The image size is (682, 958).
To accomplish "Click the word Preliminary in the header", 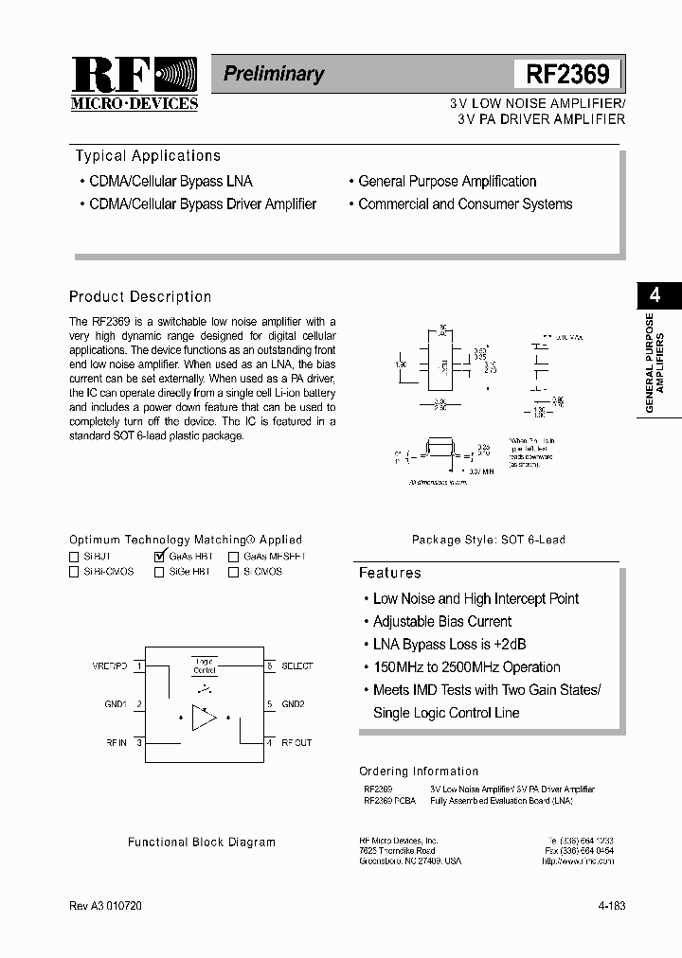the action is pos(273,74).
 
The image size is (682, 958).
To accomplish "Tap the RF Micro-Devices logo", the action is pos(134,83).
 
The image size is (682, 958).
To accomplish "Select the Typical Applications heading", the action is pos(148,156).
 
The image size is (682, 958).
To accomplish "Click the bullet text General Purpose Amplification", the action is pos(447,182).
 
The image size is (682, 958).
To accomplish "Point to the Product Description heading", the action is pos(140,297).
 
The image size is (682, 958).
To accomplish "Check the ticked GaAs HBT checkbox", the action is pos(158,557).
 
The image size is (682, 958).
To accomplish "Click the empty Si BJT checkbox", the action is pos(74,558).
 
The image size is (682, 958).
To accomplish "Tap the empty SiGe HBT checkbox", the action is pos(158,573).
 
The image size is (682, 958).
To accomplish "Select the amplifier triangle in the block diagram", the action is pos(204,717).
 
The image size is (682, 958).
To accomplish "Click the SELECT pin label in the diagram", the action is pos(296,666).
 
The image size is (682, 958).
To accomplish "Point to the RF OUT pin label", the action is pos(296,743).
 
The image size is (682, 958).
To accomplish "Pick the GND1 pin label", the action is pos(116,704).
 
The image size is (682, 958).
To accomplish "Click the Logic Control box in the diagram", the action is pos(204,665).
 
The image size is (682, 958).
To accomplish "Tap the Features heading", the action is pos(389,573).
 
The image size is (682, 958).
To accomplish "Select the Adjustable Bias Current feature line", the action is pos(441,622).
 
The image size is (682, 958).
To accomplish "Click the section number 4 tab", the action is pos(655,294).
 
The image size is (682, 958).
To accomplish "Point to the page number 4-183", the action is pos(611,907).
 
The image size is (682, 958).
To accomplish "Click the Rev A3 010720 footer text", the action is pos(107,907).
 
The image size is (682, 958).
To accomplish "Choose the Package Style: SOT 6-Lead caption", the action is pos(488,540).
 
